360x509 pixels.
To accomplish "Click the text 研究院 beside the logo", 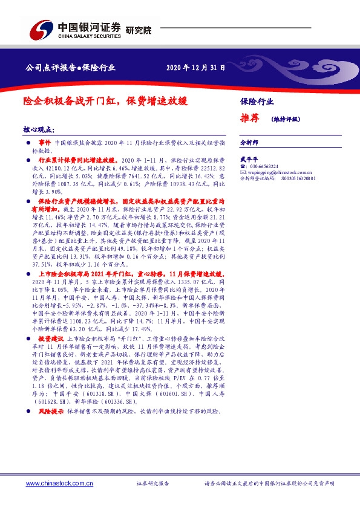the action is [x=139, y=30].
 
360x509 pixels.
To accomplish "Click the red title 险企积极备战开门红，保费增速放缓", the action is [x=106, y=102].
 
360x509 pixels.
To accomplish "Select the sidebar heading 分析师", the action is [x=249, y=143].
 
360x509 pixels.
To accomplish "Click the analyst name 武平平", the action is [x=249, y=158].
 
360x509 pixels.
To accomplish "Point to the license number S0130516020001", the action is [x=295, y=179].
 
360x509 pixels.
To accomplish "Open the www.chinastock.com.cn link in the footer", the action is [x=59, y=483].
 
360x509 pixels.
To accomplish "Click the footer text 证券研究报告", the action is [x=153, y=484].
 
